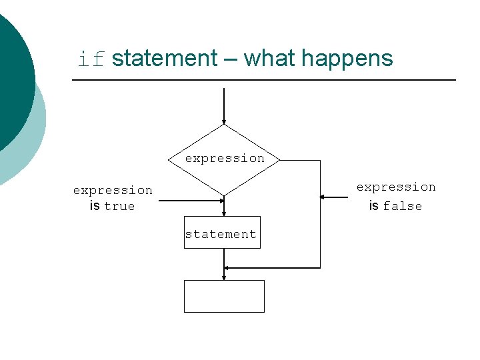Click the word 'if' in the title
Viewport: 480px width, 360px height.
click(92, 60)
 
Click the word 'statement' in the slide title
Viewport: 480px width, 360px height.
click(165, 59)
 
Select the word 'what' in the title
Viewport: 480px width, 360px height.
click(270, 59)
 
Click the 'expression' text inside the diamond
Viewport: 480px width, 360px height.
click(225, 159)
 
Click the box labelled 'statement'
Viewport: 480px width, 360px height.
click(222, 233)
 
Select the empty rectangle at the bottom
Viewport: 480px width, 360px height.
click(224, 296)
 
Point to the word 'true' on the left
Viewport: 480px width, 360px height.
click(119, 207)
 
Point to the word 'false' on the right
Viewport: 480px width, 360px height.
click(402, 207)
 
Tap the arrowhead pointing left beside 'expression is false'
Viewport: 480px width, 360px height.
click(323, 197)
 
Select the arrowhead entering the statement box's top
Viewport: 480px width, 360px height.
click(224, 213)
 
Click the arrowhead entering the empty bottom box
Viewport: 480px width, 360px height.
click(224, 276)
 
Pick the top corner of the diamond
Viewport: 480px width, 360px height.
click(224, 125)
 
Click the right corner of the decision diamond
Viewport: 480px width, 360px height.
click(279, 161)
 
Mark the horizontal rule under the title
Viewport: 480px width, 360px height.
click(263, 81)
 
